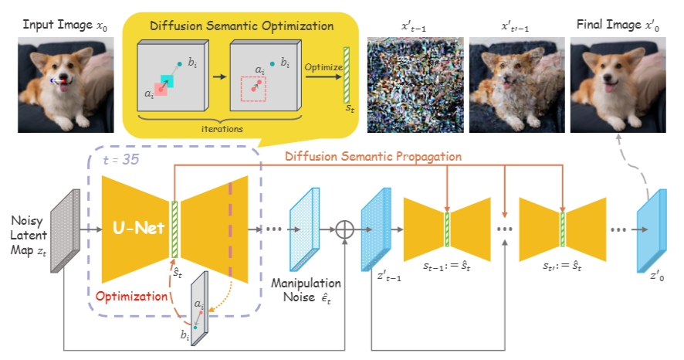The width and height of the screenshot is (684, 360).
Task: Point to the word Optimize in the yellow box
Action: pos(324,67)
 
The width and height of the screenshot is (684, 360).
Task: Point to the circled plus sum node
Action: pos(344,229)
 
